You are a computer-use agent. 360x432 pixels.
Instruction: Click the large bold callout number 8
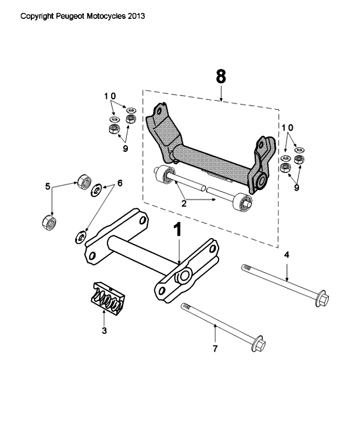point(221,77)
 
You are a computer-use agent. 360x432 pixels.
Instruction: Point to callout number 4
point(287,254)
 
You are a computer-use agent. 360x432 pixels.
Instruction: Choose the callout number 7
point(215,349)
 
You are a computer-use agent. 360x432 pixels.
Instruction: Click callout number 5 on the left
point(48,186)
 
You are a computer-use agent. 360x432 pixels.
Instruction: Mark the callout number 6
point(119,184)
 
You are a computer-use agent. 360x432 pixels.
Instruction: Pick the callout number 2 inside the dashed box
point(184,204)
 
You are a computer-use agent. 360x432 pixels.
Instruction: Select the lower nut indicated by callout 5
point(49,222)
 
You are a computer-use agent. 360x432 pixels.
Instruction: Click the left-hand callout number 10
point(110,96)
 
